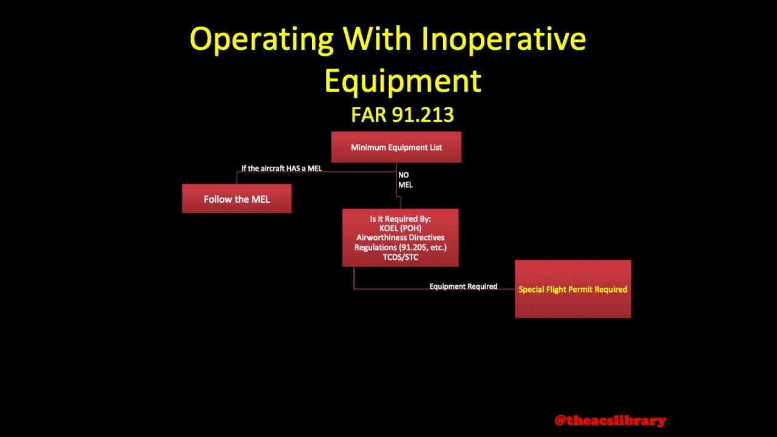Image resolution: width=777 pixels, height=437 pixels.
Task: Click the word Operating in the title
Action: click(x=261, y=39)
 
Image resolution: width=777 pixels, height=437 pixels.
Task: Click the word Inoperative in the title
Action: click(x=503, y=39)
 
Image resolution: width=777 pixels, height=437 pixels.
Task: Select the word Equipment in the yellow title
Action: click(x=402, y=81)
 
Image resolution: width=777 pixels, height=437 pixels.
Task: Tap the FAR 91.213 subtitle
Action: click(x=402, y=115)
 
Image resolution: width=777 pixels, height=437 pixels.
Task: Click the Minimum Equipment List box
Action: click(x=396, y=147)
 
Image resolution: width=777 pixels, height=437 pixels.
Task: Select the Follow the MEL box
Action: click(x=237, y=199)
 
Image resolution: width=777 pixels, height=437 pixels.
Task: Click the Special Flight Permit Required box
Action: click(x=572, y=290)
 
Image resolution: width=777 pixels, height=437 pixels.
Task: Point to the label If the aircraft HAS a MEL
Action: click(x=281, y=168)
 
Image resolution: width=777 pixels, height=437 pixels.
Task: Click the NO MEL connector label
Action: click(x=405, y=180)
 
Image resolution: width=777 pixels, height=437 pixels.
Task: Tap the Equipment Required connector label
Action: click(x=463, y=286)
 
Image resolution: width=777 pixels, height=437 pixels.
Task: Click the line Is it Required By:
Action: click(x=400, y=219)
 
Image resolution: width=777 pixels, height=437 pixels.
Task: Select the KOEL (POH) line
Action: click(x=400, y=228)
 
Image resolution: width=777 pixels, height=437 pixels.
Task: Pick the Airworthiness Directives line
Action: click(x=400, y=238)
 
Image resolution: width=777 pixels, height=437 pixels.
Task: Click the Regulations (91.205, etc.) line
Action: click(x=400, y=248)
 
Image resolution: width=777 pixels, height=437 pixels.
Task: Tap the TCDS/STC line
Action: click(x=400, y=257)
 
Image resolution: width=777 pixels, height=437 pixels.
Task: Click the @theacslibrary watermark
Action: click(x=610, y=420)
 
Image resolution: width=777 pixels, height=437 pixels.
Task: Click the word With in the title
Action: click(x=378, y=39)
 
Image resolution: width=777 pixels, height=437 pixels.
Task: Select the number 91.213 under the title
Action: click(x=422, y=115)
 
